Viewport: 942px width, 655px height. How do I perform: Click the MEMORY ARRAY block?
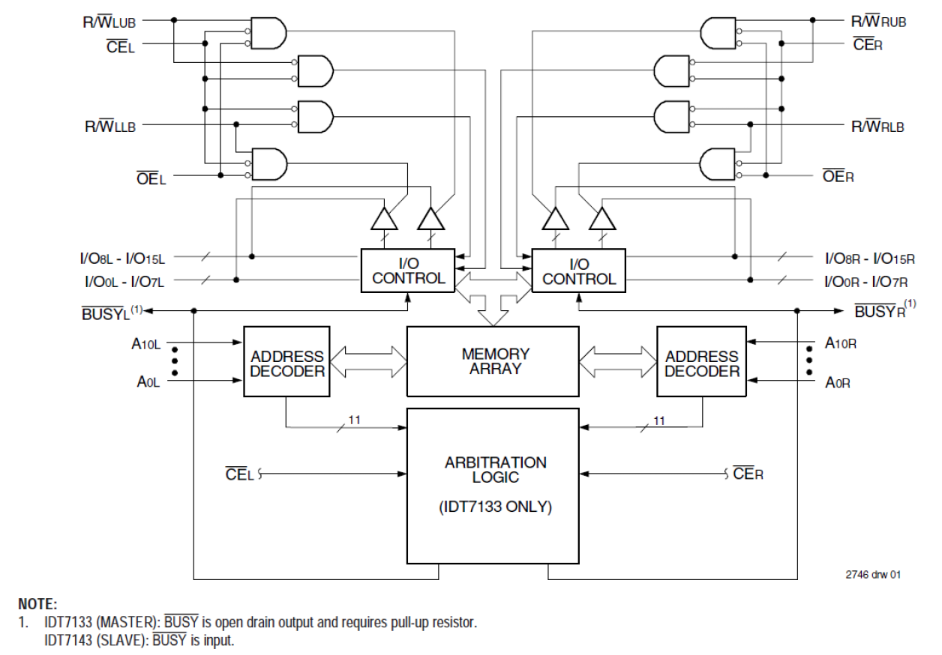tap(492, 361)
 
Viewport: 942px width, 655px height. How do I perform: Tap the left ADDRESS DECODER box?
tap(286, 363)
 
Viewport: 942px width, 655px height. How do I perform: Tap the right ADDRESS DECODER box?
tap(701, 363)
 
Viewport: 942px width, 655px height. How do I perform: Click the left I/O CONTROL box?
tap(408, 271)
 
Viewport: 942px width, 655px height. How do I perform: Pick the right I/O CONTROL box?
tap(578, 271)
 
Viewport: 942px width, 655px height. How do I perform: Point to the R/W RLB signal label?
tap(877, 126)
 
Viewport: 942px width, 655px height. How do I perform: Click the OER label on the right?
tap(838, 177)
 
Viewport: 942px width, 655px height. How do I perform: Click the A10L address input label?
tap(146, 344)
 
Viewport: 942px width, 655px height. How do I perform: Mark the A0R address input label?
tap(838, 382)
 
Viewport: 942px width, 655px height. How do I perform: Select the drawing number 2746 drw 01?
tap(873, 575)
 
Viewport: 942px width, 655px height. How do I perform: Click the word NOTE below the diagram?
tap(38, 604)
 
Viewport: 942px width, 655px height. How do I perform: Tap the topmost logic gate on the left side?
tap(268, 32)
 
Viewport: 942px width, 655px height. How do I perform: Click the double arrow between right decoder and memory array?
tap(617, 361)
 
